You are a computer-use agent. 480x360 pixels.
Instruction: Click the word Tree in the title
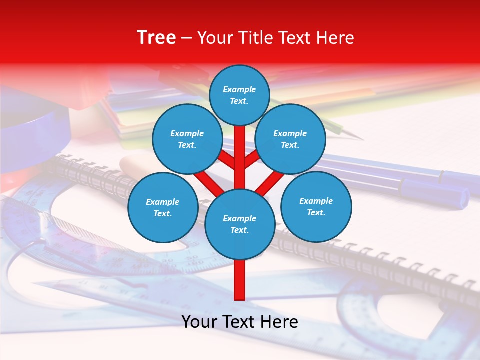156,38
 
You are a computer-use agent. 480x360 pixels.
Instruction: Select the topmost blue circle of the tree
239,95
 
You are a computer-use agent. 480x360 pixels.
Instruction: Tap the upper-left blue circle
187,139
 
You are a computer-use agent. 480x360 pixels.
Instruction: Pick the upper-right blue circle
290,139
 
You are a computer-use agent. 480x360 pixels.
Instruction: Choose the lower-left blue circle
163,207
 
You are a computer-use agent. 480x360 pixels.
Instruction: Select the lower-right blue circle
316,206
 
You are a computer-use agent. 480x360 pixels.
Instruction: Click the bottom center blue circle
239,224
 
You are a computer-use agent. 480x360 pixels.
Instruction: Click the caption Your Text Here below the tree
239,322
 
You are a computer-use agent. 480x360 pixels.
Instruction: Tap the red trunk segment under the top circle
240,145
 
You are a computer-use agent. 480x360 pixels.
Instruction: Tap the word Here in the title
337,38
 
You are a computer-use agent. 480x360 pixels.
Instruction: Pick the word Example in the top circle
239,90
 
